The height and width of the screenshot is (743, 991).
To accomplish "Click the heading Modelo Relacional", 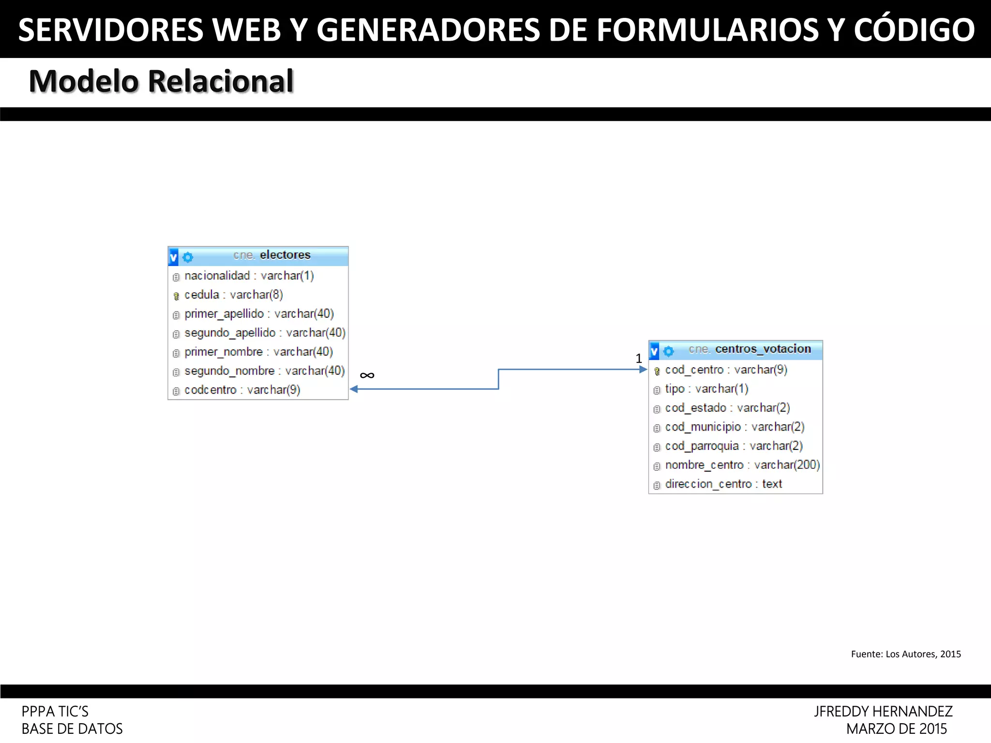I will coord(161,81).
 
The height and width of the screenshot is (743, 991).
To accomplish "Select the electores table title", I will coord(285,255).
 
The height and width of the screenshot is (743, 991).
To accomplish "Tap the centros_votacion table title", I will coord(763,349).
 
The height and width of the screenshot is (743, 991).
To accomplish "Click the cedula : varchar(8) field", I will coord(234,295).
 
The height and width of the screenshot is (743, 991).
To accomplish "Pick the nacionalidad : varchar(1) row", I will coord(249,276).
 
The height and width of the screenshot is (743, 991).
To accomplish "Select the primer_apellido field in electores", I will coord(259,314).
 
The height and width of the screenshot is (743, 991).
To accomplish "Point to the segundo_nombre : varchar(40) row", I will coord(264,371).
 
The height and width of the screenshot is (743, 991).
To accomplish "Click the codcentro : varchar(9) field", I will coord(242,390).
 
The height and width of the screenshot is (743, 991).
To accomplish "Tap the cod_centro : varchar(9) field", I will coord(726,370).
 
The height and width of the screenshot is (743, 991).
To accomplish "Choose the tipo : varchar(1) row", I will coord(706,389).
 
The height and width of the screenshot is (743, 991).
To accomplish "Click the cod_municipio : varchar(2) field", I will coord(735,427).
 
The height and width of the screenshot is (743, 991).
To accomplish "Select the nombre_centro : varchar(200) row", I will coord(742,465).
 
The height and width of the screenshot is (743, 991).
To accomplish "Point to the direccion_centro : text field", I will coord(723,484).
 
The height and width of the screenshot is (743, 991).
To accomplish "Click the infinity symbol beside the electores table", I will coord(367,375).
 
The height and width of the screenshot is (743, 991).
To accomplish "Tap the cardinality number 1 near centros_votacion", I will coord(639,358).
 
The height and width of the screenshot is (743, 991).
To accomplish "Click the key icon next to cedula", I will coord(176,296).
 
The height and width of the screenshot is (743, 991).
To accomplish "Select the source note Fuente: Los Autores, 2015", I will coord(906,654).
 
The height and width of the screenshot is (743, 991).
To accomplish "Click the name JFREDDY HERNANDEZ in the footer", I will coord(883,712).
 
